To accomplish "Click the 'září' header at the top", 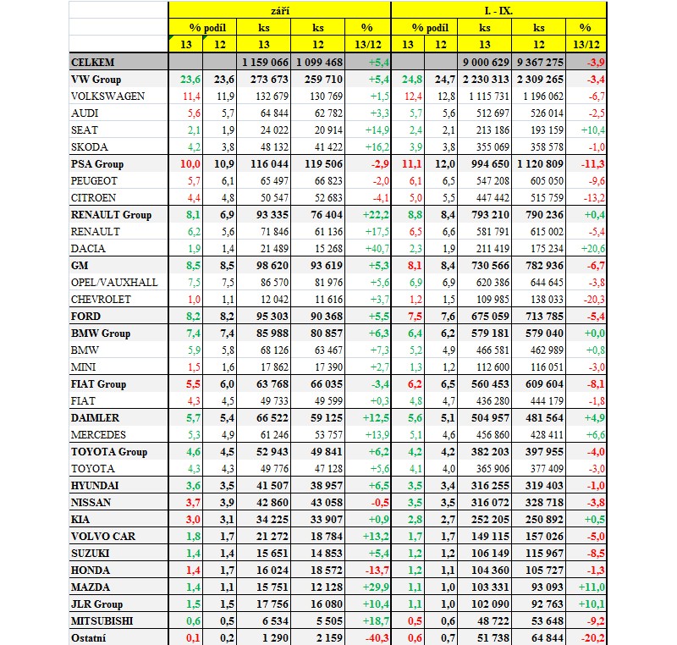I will pyautogui.click(x=279, y=11).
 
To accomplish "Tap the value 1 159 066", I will pyautogui.click(x=265, y=63).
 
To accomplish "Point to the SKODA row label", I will pyautogui.click(x=91, y=147).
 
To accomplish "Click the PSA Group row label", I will pyautogui.click(x=97, y=164).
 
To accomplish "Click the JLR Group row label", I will pyautogui.click(x=97, y=604).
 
